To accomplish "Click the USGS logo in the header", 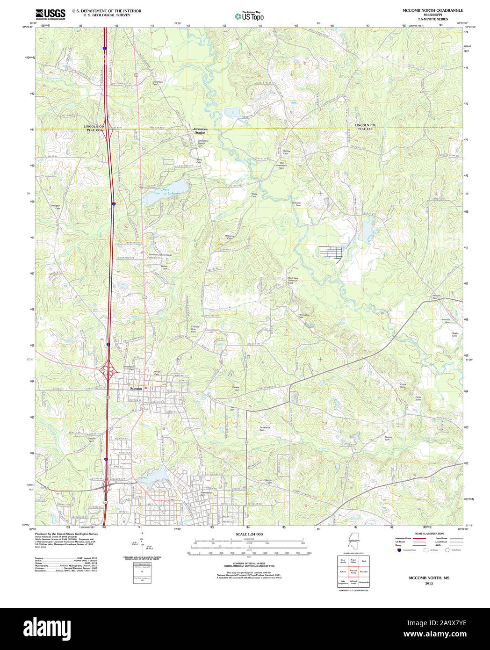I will [50, 14].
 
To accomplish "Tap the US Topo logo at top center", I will [249, 16].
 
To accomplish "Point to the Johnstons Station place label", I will [200, 131].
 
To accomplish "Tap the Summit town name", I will [136, 388].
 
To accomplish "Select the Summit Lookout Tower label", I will [160, 255].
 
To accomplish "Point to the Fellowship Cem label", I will [304, 316].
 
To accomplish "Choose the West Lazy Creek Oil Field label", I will [293, 280].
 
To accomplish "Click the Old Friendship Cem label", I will [282, 165].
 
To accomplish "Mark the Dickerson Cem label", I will [158, 83].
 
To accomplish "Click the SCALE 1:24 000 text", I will [249, 534].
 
